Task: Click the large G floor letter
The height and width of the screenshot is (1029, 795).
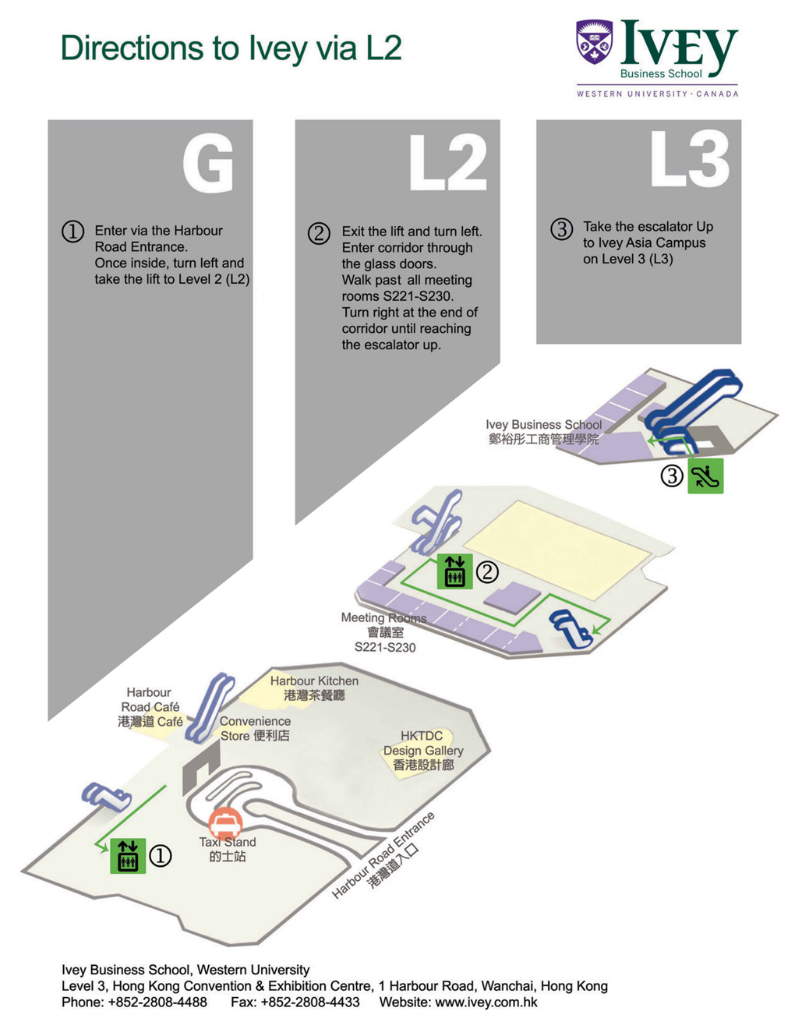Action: coord(208,163)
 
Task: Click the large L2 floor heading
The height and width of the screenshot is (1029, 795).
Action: coord(448,163)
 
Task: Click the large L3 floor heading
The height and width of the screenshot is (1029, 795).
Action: coord(690,159)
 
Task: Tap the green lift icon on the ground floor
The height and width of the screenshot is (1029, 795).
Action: coord(128,856)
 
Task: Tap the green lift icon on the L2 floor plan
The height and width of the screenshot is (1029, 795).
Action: coord(454,571)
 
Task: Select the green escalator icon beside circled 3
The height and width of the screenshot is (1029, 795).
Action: coord(705,476)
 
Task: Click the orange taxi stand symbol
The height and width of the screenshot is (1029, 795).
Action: coord(225,822)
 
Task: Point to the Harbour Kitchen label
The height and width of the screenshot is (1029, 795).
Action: coord(314,688)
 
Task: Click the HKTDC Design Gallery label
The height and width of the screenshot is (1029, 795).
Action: coord(422,750)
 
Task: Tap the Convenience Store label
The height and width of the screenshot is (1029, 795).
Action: coord(255,728)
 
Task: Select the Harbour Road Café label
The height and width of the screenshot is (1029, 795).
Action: coord(150,707)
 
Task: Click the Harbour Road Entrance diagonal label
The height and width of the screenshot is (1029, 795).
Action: coord(383,855)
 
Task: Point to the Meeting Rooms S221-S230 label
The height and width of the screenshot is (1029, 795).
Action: coord(384,631)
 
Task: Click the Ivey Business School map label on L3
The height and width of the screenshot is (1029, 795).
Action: coord(543,431)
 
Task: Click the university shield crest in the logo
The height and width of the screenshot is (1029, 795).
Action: coord(594,41)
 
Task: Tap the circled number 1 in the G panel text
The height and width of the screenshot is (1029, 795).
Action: coord(72,232)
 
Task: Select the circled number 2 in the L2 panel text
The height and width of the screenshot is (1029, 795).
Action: coord(319,233)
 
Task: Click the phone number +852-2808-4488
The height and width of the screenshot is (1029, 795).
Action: coord(157,1002)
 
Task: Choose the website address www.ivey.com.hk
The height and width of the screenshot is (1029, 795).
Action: coord(486,1002)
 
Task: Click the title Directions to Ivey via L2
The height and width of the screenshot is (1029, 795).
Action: coord(231,48)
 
